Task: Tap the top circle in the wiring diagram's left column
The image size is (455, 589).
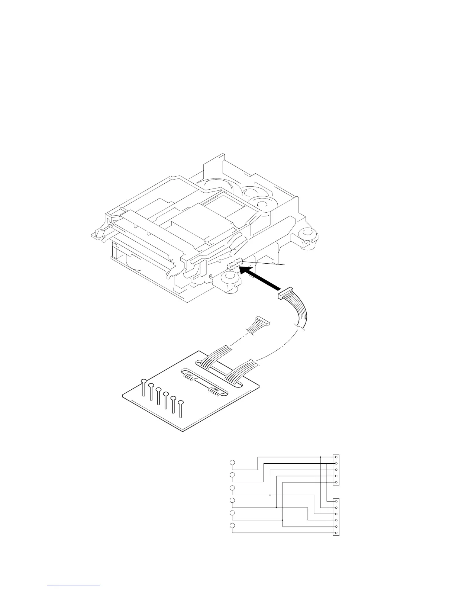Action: coord(232,463)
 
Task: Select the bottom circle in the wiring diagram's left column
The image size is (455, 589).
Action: coord(232,526)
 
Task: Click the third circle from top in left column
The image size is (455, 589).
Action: coord(232,488)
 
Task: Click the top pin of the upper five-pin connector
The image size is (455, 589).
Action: coord(336,457)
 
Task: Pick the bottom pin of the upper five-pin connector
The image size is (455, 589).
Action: coord(336,482)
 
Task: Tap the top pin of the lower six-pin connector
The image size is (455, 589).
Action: coord(336,502)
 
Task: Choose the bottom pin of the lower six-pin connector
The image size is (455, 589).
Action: coord(336,533)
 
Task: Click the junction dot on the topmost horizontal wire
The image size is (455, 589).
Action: coord(320,457)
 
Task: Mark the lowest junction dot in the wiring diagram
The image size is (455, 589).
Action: coord(283,520)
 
